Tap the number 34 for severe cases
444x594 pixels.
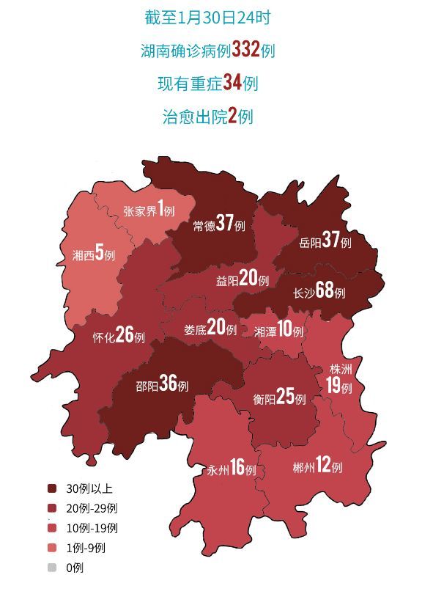click(x=232, y=83)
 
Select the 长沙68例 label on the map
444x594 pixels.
click(x=319, y=291)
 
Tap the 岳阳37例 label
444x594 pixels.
click(x=325, y=241)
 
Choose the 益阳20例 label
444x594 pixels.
click(x=243, y=280)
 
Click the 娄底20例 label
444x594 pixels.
click(x=210, y=329)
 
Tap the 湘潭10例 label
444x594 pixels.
click(x=278, y=331)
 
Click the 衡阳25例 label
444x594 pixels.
click(x=279, y=398)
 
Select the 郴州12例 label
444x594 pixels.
click(x=317, y=466)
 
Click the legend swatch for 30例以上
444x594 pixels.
click(x=52, y=488)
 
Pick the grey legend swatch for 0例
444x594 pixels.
click(x=52, y=567)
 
